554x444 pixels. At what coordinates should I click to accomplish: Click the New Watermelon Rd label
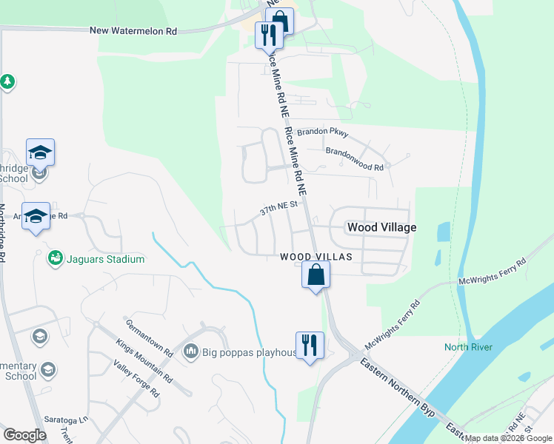click(133, 31)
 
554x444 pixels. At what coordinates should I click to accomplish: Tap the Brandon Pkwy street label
click(321, 132)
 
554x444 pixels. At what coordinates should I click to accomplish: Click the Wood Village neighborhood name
click(381, 228)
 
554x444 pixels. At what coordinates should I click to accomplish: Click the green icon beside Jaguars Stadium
click(53, 258)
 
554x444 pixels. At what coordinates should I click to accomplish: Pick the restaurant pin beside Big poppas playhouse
click(308, 346)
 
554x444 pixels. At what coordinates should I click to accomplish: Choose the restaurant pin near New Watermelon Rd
click(267, 34)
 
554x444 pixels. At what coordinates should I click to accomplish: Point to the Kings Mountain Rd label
click(144, 360)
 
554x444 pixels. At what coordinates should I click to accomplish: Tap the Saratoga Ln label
click(66, 418)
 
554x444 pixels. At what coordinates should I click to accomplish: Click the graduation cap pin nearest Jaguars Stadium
click(36, 217)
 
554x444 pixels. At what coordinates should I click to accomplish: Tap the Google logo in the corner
click(24, 434)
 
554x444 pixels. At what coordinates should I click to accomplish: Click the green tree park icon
click(7, 81)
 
